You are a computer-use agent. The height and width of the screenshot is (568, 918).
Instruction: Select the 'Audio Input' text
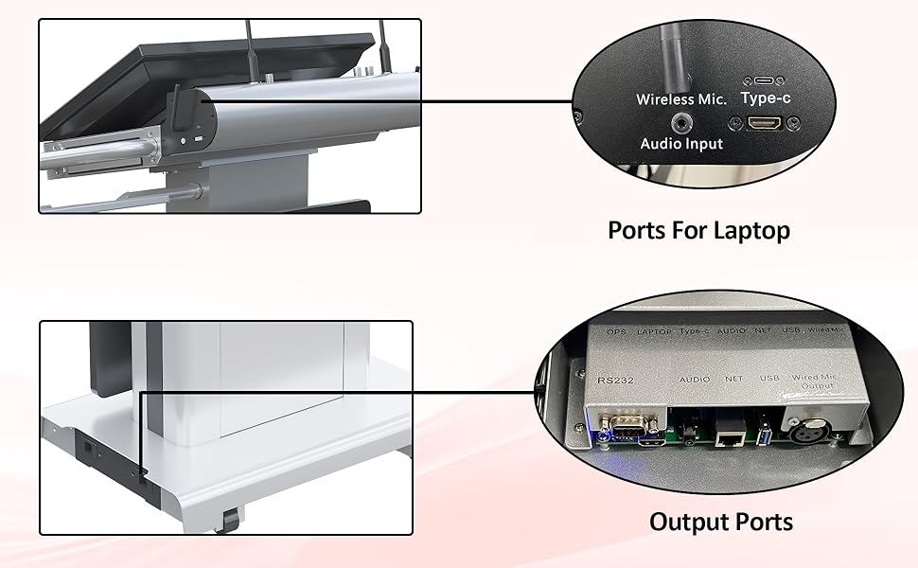[x=681, y=144]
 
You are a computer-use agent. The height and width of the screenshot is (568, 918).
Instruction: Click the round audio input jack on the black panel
[x=680, y=122]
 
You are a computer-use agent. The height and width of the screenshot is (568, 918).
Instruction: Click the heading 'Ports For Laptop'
[x=698, y=230]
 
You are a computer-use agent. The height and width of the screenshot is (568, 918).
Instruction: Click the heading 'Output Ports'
[x=721, y=522]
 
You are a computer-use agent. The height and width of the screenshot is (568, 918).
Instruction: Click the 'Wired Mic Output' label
[x=813, y=383]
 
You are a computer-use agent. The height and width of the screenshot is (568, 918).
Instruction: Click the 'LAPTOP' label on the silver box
[x=655, y=332]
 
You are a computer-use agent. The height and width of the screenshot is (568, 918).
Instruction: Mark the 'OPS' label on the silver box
[x=617, y=332]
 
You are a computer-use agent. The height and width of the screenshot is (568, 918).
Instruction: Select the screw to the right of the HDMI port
[x=793, y=122]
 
